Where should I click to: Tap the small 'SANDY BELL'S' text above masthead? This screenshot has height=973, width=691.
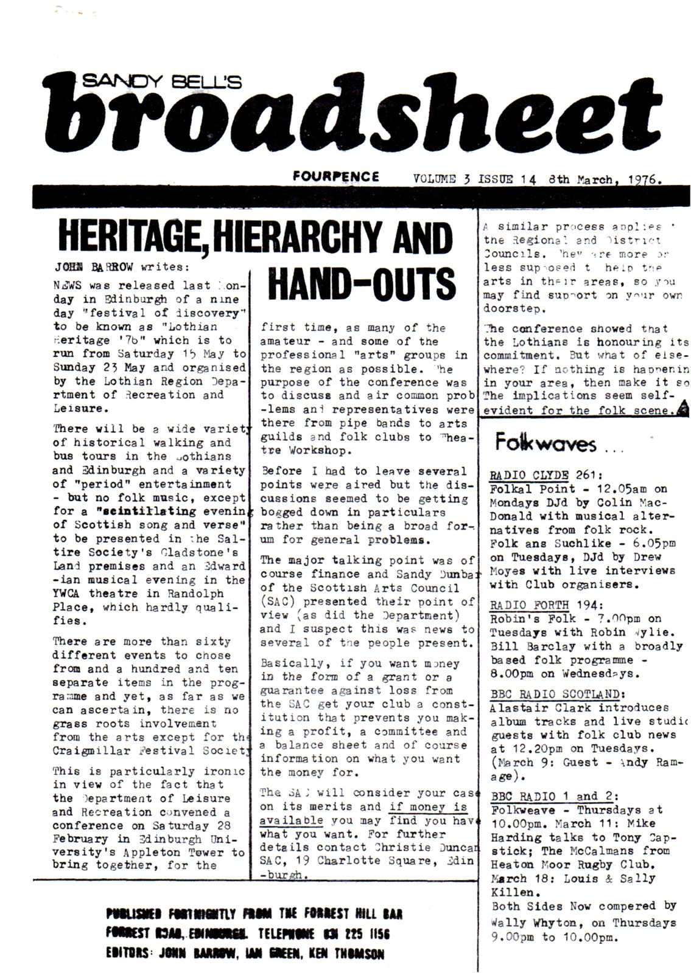point(161,81)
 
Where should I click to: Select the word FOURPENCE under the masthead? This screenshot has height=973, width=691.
point(335,176)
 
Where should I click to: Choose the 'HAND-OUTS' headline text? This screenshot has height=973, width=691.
point(362,285)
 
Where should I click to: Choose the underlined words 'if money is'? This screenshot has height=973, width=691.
point(428,807)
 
